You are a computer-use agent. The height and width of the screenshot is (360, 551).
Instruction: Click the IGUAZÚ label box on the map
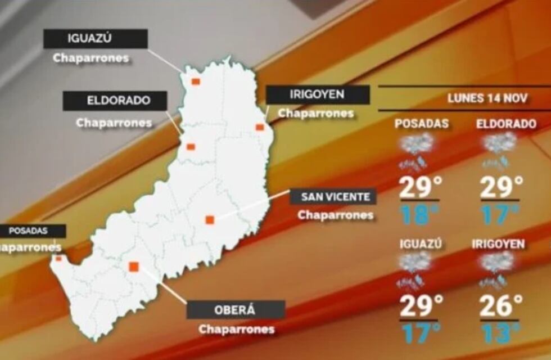pyautogui.click(x=96, y=39)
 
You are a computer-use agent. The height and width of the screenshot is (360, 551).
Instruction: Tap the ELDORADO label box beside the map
pyautogui.click(x=115, y=101)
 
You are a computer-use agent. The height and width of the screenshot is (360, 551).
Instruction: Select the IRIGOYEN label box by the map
pyautogui.click(x=317, y=94)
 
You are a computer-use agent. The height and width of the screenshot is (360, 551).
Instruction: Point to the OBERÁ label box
pyautogui.click(x=235, y=310)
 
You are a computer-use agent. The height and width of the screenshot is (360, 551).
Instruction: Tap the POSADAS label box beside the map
pyautogui.click(x=31, y=231)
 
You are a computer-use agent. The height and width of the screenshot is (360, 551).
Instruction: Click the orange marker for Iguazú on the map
pyautogui.click(x=195, y=82)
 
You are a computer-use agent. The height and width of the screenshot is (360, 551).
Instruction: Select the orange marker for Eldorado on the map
pyautogui.click(x=191, y=147)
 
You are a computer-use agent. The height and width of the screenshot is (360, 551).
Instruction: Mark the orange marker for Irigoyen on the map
pyautogui.click(x=260, y=127)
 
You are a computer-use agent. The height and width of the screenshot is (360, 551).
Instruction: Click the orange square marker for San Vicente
pyautogui.click(x=210, y=220)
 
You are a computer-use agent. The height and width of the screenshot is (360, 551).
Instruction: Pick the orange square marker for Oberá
pyautogui.click(x=134, y=267)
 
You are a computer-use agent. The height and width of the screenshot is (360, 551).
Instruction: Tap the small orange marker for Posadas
pyautogui.click(x=58, y=259)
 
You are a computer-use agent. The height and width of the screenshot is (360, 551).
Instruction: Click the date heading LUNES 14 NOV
pyautogui.click(x=487, y=98)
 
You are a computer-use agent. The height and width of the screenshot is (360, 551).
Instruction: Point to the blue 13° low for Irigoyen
pyautogui.click(x=500, y=332)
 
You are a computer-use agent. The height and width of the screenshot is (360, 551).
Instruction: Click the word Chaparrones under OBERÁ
pyautogui.click(x=237, y=330)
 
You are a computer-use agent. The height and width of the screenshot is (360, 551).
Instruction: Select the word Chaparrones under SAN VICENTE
pyautogui.click(x=336, y=215)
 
